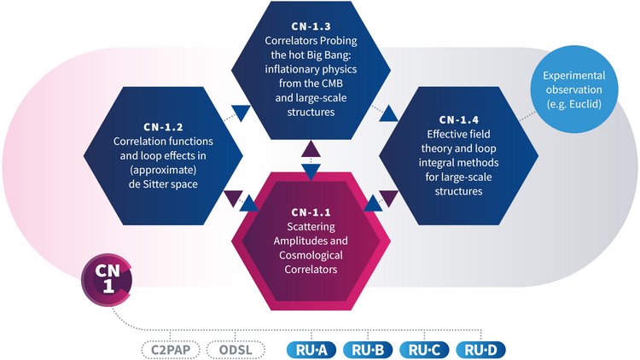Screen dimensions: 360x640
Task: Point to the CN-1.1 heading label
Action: pyautogui.click(x=311, y=211)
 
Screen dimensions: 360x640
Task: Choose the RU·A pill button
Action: pyautogui.click(x=309, y=350)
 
